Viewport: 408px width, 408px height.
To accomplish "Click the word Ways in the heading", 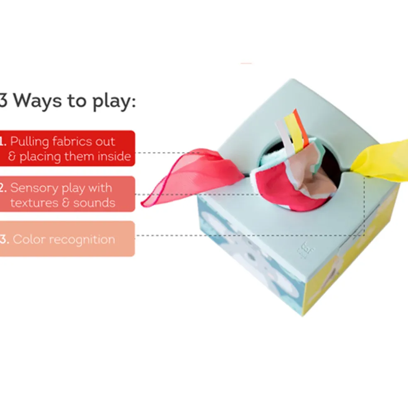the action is click(x=37, y=100).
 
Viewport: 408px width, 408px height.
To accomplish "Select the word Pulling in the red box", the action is click(x=30, y=142).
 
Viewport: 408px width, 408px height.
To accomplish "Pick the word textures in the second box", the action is click(x=34, y=203).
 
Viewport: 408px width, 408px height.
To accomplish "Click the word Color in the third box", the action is click(x=29, y=239).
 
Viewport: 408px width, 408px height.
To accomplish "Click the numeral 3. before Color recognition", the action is click(x=5, y=239).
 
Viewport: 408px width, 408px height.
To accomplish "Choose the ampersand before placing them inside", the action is click(x=12, y=156).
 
